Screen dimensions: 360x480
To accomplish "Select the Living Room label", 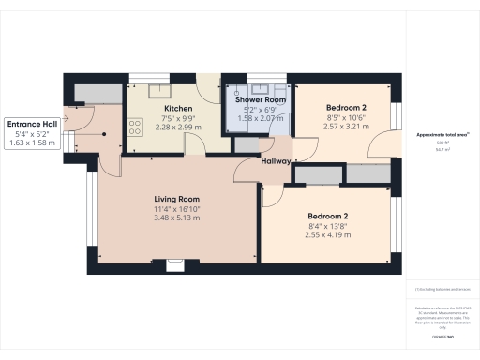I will [177, 199].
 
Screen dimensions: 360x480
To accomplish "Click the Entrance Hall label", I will [33, 124].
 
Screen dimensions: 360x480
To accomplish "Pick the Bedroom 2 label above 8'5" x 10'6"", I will [346, 108].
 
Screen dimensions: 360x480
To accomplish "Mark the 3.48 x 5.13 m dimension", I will [177, 217].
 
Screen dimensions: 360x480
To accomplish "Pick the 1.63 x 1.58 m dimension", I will [33, 144].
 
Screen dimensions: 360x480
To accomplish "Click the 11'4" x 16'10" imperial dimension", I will [177, 208].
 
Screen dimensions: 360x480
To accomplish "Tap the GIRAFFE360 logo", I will [437, 335].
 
